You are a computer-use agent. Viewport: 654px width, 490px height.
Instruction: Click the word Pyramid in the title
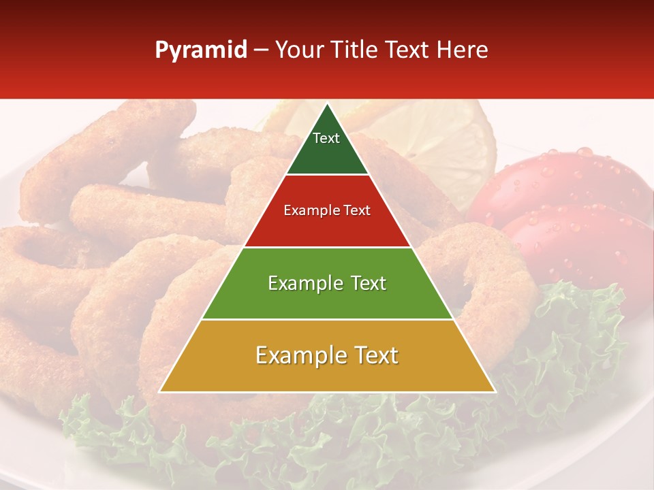point(200,50)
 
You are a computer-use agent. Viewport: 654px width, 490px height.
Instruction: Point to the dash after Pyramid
point(261,50)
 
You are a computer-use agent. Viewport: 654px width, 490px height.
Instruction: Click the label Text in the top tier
point(326,138)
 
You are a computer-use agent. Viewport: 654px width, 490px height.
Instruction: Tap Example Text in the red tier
point(327,210)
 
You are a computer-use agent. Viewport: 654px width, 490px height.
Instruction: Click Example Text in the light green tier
point(327,283)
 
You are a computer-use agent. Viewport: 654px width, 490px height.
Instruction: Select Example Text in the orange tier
point(327,355)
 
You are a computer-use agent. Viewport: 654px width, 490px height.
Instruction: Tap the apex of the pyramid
point(328,104)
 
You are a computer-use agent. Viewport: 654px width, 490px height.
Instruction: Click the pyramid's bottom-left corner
point(160,391)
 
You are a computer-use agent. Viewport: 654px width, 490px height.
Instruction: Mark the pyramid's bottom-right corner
point(495,391)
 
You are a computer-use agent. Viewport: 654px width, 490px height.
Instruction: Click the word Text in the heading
point(407,50)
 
